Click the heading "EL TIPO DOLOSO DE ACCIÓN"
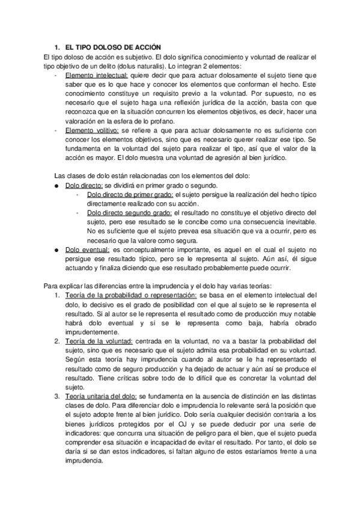click(x=111, y=47)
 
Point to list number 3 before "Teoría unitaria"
click(x=56, y=397)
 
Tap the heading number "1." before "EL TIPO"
click(x=56, y=47)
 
